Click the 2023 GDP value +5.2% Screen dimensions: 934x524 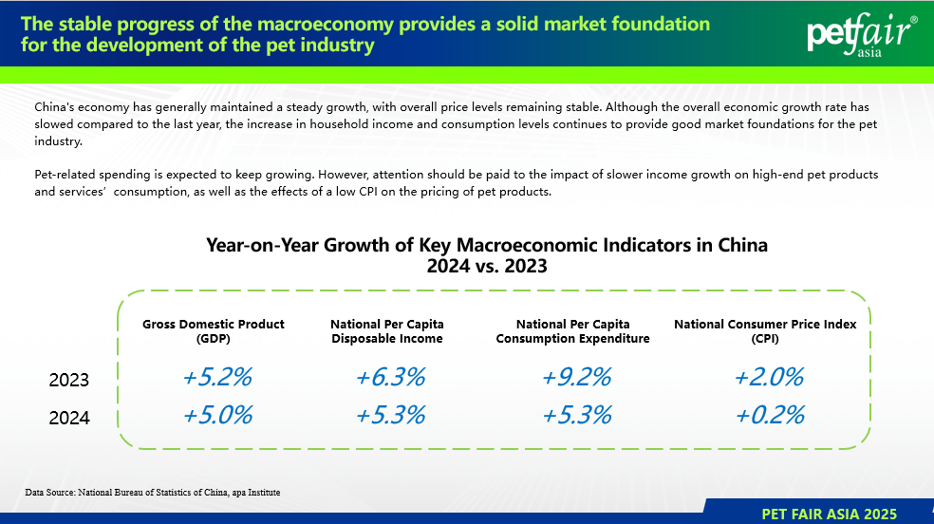click(x=217, y=377)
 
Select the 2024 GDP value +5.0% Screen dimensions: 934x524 click(x=217, y=415)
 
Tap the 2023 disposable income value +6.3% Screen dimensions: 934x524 click(x=390, y=377)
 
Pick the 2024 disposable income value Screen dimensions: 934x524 click(x=390, y=415)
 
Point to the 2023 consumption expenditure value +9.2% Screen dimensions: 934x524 click(x=576, y=377)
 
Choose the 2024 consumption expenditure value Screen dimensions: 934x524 click(x=576, y=415)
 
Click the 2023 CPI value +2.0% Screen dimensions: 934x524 click(x=769, y=377)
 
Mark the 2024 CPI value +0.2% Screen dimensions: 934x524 click(x=770, y=415)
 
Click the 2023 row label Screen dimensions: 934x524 click(x=69, y=380)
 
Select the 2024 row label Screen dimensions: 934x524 click(x=69, y=418)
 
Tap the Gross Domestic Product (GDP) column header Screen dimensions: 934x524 click(x=214, y=331)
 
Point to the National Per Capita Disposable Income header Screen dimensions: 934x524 click(x=387, y=331)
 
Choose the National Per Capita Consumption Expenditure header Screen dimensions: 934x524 click(x=573, y=331)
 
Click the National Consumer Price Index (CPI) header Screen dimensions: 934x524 click(x=765, y=331)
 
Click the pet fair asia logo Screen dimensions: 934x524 click(x=861, y=34)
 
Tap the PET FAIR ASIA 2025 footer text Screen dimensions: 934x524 click(x=830, y=514)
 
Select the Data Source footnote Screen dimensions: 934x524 click(x=153, y=493)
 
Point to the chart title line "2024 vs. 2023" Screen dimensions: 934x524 click(x=487, y=266)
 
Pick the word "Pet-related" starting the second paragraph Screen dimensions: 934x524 click(x=65, y=175)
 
